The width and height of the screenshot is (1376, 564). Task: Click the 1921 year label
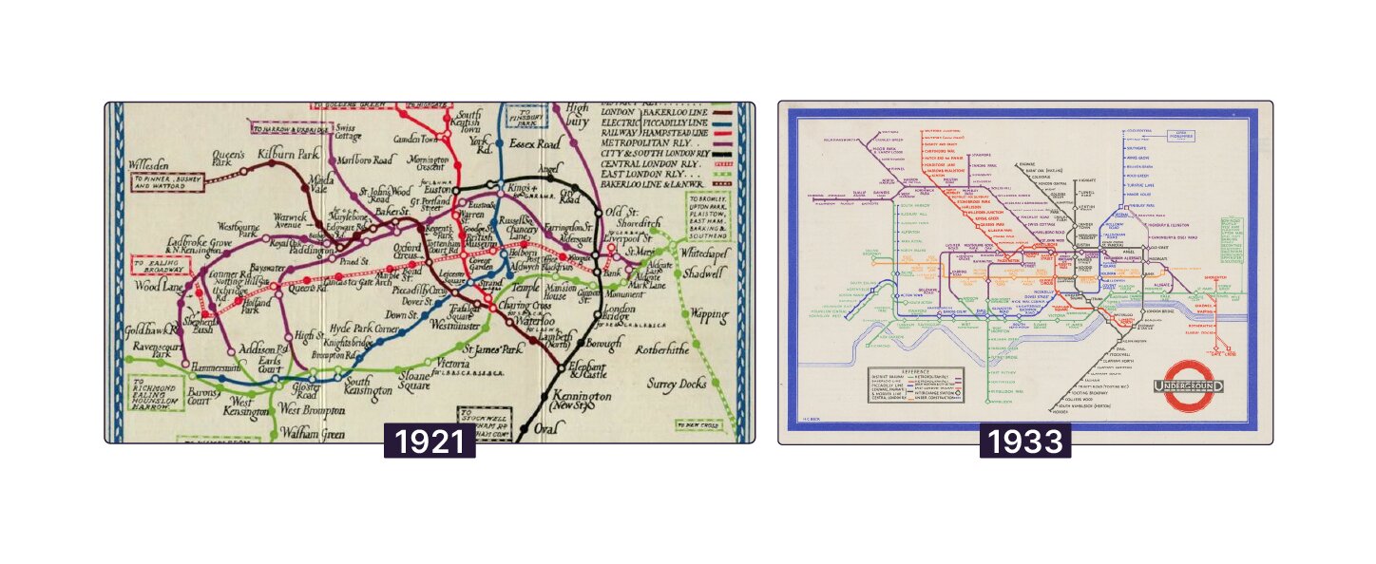click(x=430, y=442)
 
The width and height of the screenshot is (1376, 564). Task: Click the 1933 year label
click(x=1025, y=442)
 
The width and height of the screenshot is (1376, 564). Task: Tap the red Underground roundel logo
click(x=1188, y=386)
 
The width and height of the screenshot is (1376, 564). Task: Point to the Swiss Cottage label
click(x=346, y=132)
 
